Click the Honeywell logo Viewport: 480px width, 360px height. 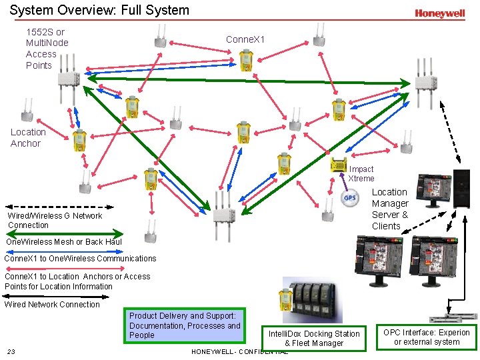pos(439,13)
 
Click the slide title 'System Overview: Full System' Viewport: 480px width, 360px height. pos(99,10)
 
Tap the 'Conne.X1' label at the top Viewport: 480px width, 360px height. pos(245,39)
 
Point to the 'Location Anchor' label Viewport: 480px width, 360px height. pos(28,137)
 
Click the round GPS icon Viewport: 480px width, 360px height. pos(350,198)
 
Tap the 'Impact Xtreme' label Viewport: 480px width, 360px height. pos(361,174)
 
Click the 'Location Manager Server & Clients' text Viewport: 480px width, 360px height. pos(390,209)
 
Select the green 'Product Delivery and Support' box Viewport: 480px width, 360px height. pos(185,325)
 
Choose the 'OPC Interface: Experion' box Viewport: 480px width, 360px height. pos(426,337)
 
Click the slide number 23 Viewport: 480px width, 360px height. pos(11,351)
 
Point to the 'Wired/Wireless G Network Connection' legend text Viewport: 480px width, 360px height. pos(55,220)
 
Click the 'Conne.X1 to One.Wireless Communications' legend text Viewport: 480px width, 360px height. pos(80,258)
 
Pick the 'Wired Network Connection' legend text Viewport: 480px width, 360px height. pos(52,304)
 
